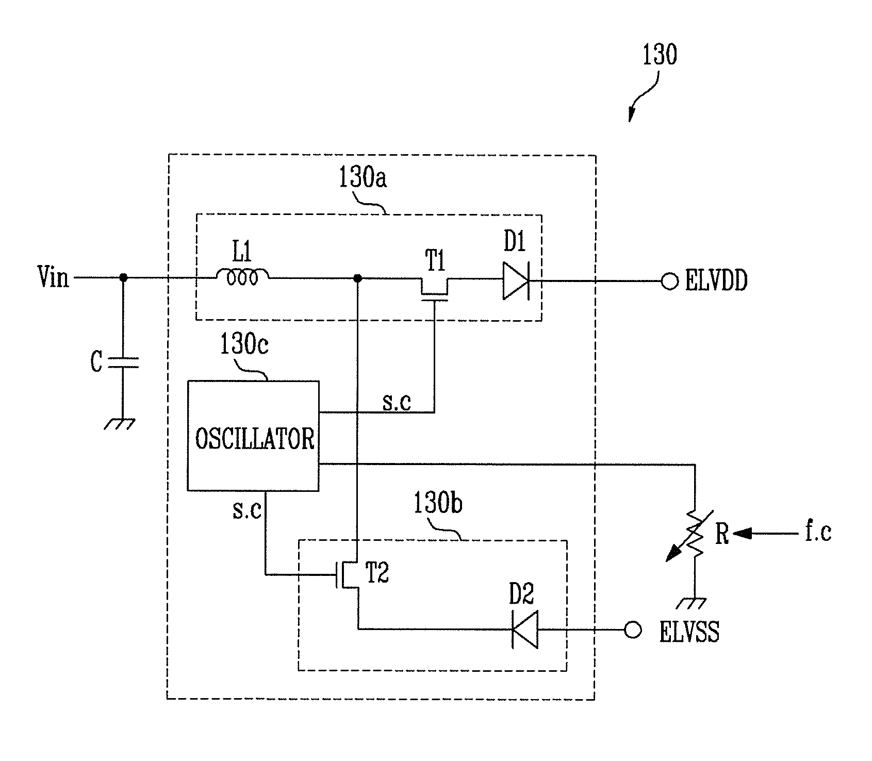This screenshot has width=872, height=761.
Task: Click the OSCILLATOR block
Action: pos(253,436)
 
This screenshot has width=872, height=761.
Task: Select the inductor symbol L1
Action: pos(242,277)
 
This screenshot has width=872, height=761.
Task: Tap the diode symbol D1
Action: pos(516,282)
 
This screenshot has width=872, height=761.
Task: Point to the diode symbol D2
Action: pos(524,630)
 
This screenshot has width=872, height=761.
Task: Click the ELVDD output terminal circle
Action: pos(669,282)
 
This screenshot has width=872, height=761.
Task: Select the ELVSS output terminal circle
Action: pos(633,630)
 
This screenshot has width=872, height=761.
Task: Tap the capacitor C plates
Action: pos(123,363)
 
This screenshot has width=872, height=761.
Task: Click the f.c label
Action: pos(818,533)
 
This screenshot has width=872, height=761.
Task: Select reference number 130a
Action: pos(363,178)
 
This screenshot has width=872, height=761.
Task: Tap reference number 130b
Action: pos(438,504)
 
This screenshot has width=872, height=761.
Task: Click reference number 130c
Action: pos(244,345)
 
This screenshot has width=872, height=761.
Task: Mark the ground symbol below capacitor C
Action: pos(120,423)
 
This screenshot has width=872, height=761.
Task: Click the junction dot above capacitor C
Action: pos(123,277)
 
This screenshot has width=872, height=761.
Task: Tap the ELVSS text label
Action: pos(689,632)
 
